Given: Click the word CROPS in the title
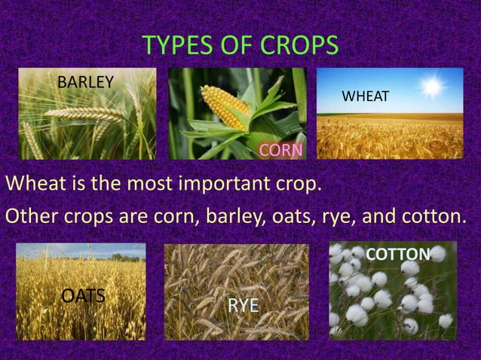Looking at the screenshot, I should click(x=297, y=46).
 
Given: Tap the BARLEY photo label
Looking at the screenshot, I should click(x=86, y=81).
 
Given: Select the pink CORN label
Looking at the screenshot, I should click(x=280, y=151).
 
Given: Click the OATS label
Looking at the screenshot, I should click(x=83, y=294).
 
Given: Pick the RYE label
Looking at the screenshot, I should click(x=244, y=305).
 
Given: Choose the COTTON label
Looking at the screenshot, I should click(x=397, y=255).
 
